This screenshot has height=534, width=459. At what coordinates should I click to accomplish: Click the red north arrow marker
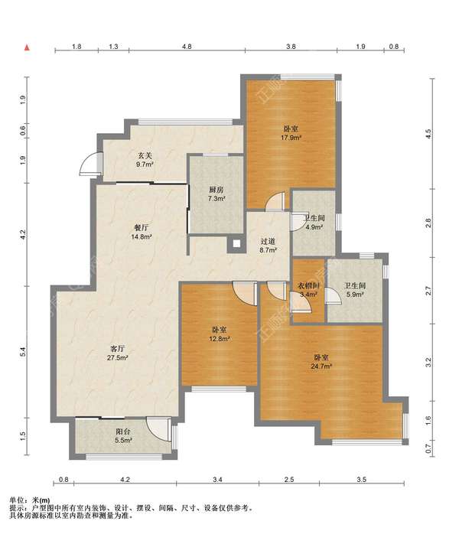coord(27,48)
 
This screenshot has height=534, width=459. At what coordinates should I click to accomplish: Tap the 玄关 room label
coord(145,160)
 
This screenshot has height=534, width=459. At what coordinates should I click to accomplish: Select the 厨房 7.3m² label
coord(216,194)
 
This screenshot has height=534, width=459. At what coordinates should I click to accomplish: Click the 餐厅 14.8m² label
coord(142,232)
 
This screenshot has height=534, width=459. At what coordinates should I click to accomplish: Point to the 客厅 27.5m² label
coord(118,353)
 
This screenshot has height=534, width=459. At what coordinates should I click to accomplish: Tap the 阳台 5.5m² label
coord(123,435)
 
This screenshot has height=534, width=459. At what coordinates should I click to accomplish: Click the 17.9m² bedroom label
coord(291,133)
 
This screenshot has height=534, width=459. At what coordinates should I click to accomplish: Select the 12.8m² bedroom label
coord(220,334)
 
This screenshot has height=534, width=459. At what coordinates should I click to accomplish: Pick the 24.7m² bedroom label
coord(321,362)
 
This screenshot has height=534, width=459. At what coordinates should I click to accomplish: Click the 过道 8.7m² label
coord(268,246)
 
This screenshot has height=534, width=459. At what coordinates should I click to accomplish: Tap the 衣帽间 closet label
coord(308,290)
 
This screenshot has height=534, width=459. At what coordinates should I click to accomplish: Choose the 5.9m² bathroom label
coord(355,290)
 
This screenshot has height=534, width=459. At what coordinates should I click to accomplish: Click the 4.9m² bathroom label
coord(314,223)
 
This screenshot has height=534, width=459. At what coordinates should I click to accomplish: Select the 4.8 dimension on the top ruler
coord(187,47)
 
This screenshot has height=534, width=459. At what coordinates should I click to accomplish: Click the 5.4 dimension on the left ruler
coord(23,352)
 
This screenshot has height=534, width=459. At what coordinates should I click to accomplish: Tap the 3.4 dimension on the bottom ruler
coord(217,480)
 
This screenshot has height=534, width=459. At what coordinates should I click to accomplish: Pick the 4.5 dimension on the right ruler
coord(428,133)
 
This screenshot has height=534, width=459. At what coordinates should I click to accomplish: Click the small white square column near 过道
coord(236,244)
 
